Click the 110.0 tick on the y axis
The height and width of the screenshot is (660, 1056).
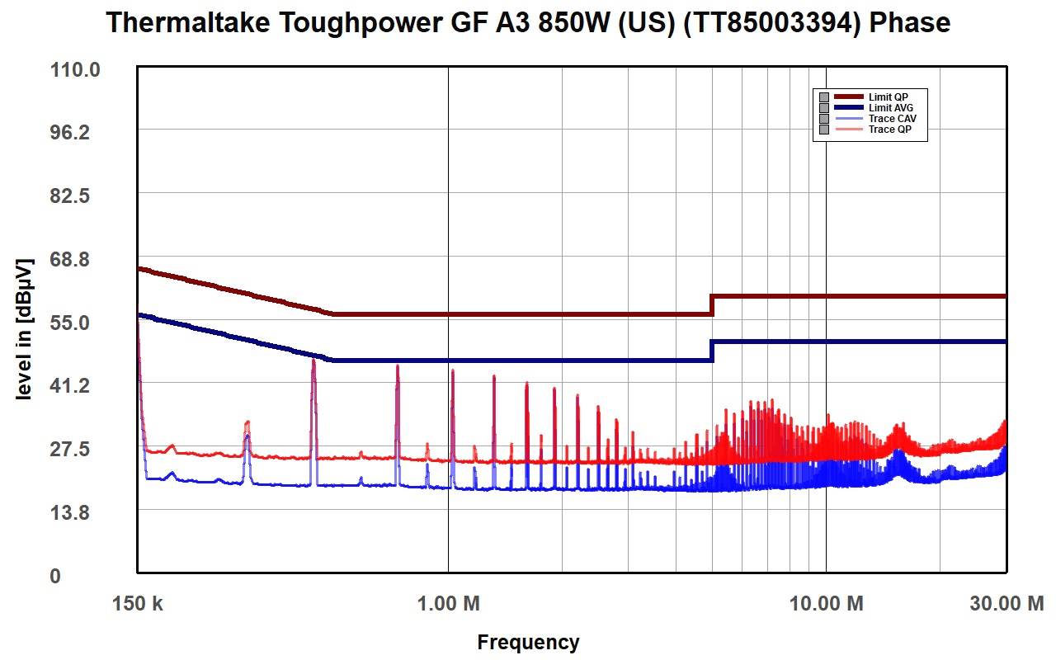point(75,70)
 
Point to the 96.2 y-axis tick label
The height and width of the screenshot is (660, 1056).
point(70,133)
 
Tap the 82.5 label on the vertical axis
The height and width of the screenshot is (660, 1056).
point(70,196)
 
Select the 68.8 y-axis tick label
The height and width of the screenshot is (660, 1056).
point(70,259)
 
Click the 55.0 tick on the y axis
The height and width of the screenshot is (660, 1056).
point(70,323)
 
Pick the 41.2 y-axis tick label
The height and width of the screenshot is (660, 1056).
point(70,386)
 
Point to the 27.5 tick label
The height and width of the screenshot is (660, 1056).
point(70,450)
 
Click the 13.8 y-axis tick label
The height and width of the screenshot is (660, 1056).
point(70,512)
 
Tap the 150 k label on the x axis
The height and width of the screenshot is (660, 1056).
point(137,603)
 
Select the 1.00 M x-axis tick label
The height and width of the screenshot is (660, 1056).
point(448,603)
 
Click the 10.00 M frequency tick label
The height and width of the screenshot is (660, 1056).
point(826,603)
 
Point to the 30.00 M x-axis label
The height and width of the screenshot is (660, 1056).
point(1006,603)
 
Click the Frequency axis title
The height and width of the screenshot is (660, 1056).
point(528,643)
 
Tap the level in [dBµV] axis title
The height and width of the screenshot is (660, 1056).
point(25,329)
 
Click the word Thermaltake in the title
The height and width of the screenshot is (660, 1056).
point(187,22)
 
